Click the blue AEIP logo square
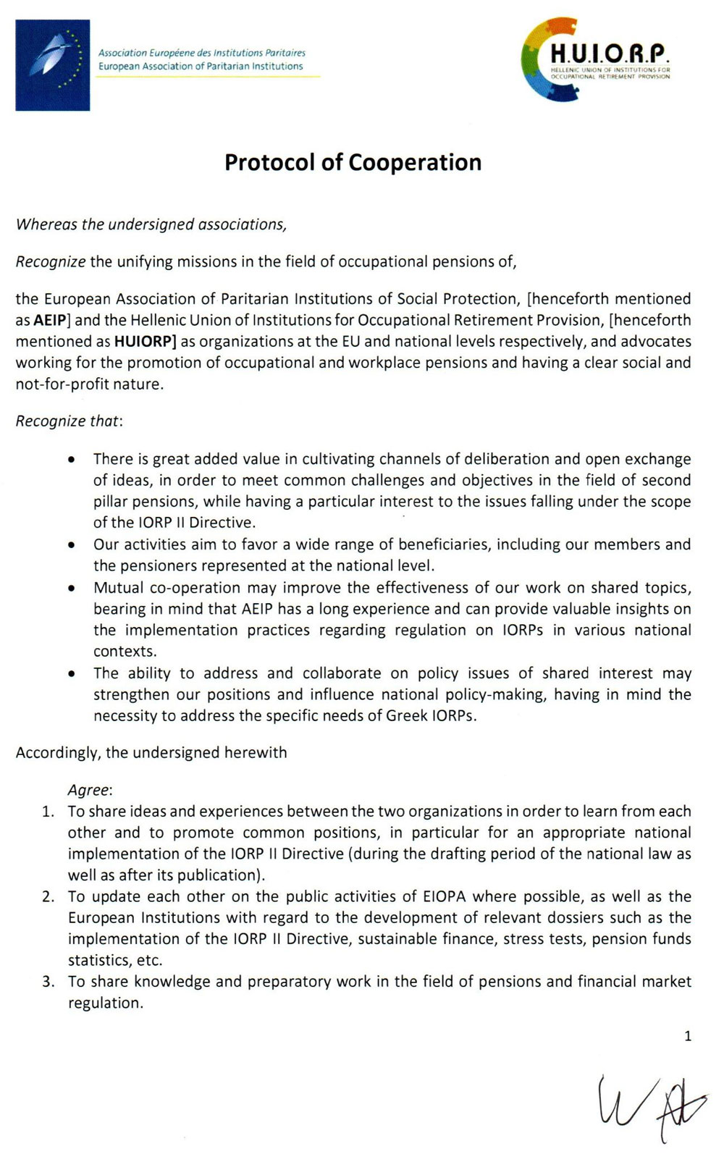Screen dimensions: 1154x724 tap(53, 65)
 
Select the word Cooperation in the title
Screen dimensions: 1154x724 tap(415, 162)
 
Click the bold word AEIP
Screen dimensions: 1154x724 tap(49, 320)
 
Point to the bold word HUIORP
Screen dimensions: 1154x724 tap(144, 341)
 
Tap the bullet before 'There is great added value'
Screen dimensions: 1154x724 tap(71, 460)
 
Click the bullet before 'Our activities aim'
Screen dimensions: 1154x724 tap(71, 545)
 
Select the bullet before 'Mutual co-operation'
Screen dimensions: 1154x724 tap(71, 589)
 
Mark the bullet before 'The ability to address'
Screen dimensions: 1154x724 tap(71, 674)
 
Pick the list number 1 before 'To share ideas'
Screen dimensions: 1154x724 tap(48, 812)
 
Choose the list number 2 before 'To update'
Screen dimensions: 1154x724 tap(48, 897)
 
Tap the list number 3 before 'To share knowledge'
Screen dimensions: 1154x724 tap(48, 982)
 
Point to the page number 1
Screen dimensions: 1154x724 tap(688, 1037)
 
